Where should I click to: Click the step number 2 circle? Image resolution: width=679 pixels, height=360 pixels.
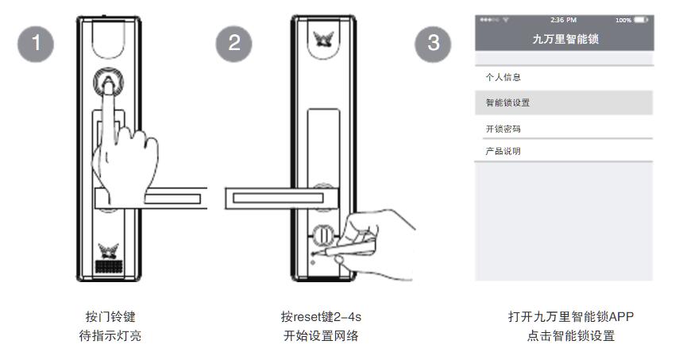[234, 43]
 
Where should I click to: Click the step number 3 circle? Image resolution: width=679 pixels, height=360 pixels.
[434, 43]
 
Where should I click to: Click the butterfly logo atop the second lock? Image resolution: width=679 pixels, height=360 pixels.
[322, 38]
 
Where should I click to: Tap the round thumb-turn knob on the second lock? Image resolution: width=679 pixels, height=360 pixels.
[322, 236]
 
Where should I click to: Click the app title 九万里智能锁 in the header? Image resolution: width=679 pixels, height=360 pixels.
[563, 38]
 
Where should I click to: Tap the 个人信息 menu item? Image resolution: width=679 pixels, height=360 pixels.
[503, 78]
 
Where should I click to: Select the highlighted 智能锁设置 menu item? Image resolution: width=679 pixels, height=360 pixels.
[507, 103]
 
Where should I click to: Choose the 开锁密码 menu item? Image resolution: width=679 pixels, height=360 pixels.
[503, 129]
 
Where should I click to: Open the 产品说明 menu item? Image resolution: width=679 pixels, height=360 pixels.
[503, 151]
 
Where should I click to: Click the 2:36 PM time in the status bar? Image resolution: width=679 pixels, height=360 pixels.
[564, 19]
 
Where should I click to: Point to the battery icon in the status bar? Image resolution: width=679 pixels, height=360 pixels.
[642, 19]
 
